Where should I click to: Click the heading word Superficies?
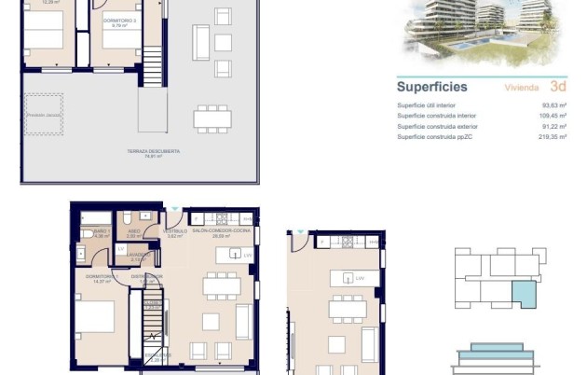(431, 87)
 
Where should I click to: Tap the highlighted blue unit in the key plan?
(528, 295)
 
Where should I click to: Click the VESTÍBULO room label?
(175, 231)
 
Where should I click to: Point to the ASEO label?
(134, 231)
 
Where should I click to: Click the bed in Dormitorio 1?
(95, 322)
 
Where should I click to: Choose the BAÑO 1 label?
(99, 231)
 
